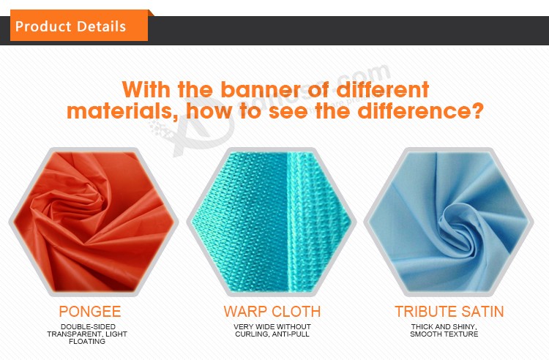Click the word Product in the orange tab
(43, 26)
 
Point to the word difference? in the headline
(420, 111)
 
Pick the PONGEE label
(90, 312)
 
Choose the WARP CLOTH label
(272, 312)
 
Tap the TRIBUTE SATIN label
(449, 312)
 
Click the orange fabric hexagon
(94, 222)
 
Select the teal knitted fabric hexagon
(272, 222)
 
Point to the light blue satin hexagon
(449, 222)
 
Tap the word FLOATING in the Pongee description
(87, 342)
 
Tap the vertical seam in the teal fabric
(288, 222)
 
